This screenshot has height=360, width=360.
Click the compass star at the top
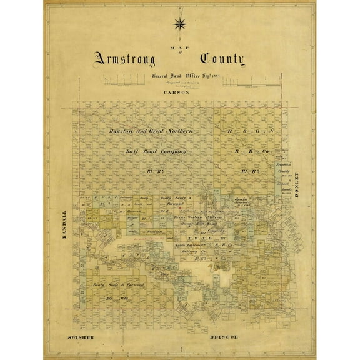(x=180, y=24)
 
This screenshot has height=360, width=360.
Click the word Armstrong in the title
(x=128, y=60)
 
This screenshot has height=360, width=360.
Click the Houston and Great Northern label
(x=151, y=132)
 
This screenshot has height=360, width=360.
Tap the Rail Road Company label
(x=156, y=151)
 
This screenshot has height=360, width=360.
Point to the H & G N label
(x=250, y=132)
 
